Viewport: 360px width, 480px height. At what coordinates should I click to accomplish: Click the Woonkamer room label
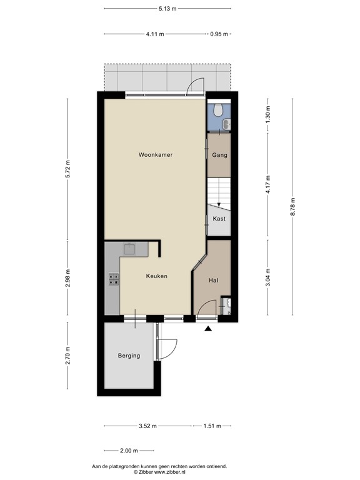[156, 154]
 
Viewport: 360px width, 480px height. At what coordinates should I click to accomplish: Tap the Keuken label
[157, 276]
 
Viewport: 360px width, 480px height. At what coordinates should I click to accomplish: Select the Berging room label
[129, 356]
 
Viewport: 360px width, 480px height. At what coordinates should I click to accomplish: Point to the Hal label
[214, 280]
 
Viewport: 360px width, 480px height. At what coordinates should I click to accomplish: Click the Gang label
[219, 155]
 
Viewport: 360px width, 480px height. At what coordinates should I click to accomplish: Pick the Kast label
[219, 219]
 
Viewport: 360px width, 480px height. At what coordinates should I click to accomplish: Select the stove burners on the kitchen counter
[114, 279]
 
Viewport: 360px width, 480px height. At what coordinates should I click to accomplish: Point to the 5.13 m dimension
[167, 9]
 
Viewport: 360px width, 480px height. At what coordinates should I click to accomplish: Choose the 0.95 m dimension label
[218, 34]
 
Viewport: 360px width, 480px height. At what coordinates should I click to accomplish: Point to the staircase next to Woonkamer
[219, 191]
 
